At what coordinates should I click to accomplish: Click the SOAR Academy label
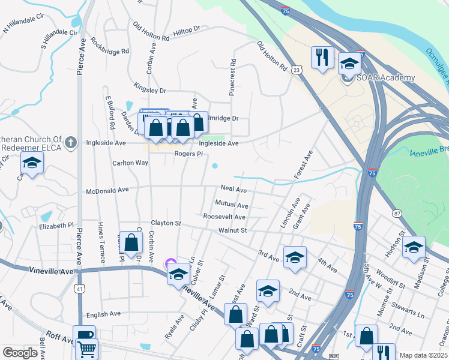(x=387, y=78)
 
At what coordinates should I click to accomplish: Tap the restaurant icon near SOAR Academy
(x=322, y=58)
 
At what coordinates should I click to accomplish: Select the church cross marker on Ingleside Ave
(x=71, y=142)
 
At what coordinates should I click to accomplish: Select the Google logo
(x=20, y=353)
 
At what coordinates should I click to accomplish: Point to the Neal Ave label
(x=234, y=189)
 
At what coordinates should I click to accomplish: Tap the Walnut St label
(x=233, y=230)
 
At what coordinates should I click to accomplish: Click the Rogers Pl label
(x=185, y=154)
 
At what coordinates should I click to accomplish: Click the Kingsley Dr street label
(x=149, y=88)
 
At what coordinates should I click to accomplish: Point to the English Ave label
(x=104, y=314)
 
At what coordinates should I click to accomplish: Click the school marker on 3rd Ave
(x=294, y=257)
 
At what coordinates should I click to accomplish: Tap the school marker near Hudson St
(x=414, y=247)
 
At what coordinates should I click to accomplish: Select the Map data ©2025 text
(x=423, y=355)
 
